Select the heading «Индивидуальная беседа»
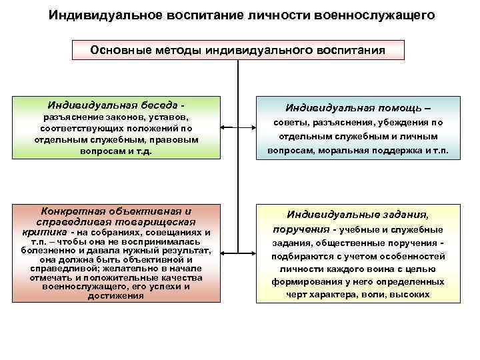coord(113,105)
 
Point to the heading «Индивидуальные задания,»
coord(358,214)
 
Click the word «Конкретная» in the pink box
coord(73,210)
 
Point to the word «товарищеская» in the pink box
coord(156,221)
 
